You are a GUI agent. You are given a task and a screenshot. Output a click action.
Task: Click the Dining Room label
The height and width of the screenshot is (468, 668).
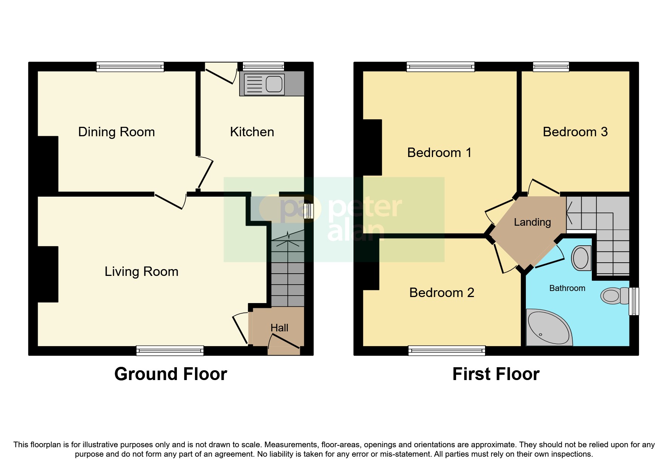116,132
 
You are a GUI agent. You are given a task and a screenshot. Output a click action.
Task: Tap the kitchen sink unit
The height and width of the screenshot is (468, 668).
264,84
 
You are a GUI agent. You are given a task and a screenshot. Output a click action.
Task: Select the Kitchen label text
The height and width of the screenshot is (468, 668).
252,132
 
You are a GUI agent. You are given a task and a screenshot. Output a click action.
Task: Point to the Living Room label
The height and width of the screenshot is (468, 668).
141,272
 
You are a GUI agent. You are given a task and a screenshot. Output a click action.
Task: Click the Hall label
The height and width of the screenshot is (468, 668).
279,328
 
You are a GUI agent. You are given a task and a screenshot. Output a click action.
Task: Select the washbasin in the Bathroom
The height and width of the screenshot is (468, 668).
581,258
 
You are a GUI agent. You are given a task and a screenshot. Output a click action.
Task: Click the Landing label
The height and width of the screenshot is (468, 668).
532,222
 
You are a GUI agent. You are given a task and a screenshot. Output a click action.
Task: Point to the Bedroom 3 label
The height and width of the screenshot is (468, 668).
575,132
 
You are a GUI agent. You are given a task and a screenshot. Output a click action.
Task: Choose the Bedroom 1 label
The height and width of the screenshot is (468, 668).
439,153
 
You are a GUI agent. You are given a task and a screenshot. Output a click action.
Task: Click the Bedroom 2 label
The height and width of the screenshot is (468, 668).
441,293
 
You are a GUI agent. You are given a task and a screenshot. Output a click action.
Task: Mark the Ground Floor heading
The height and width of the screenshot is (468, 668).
170,374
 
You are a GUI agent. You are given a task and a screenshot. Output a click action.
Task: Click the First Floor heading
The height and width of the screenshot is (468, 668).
496,374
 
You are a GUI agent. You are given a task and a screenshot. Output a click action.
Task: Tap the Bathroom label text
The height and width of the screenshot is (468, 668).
567,288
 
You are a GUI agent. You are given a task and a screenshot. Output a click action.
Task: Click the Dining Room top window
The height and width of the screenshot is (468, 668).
130,67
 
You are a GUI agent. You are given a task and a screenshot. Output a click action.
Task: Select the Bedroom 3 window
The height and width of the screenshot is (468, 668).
551,67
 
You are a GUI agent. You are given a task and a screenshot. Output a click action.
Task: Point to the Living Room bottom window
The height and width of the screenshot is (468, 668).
170,351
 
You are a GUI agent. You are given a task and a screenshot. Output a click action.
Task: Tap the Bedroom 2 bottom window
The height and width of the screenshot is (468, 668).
447,351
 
